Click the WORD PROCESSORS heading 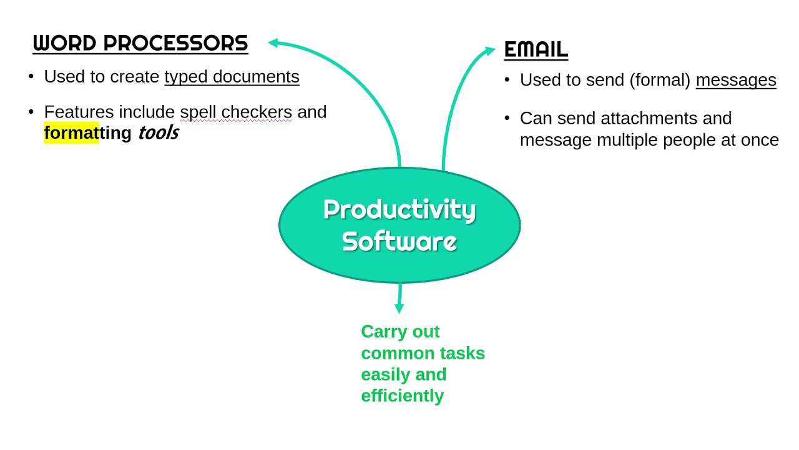[140, 43]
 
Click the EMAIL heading [536, 49]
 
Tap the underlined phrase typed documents [232, 77]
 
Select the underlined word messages [735, 80]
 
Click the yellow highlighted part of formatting [71, 133]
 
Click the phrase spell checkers [236, 112]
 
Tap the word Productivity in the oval [399, 210]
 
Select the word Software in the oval [399, 241]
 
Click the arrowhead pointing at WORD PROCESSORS [273, 42]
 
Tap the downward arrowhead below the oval [399, 308]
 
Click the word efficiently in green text [402, 396]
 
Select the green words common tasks [423, 353]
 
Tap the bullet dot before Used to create [31, 77]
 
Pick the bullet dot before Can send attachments [507, 118]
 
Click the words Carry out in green [400, 331]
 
